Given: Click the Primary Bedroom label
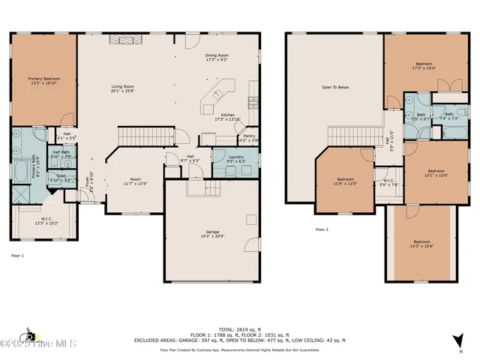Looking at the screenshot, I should pyautogui.click(x=43, y=80).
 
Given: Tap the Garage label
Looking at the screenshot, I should pyautogui.click(x=213, y=234).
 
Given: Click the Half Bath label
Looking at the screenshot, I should pyautogui.click(x=61, y=154).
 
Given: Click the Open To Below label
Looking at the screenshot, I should pyautogui.click(x=335, y=87).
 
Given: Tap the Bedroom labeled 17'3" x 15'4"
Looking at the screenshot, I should pyautogui.click(x=423, y=66).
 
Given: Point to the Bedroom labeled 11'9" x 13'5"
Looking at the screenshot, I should pyautogui.click(x=345, y=181).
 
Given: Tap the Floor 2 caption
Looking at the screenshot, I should pyautogui.click(x=322, y=229).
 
